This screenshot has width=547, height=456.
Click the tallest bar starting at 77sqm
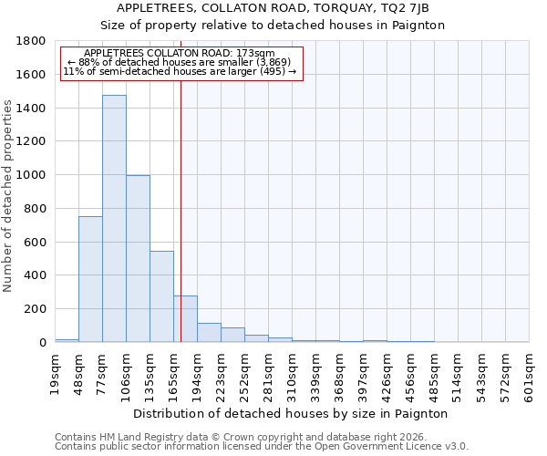[114, 219]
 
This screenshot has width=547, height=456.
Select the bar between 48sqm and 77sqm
[90, 279]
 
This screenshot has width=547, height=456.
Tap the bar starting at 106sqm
[138, 259]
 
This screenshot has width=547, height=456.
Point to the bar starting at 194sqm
[209, 333]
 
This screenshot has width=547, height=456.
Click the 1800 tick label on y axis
[32, 41]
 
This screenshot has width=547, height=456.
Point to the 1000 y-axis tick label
[32, 175]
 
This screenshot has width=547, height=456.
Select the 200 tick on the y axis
[36, 309]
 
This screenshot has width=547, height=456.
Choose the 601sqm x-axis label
[530, 373]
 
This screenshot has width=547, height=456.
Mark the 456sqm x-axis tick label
[411, 373]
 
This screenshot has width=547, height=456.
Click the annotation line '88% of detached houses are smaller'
[179, 62]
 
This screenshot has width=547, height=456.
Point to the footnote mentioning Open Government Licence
[262, 446]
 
